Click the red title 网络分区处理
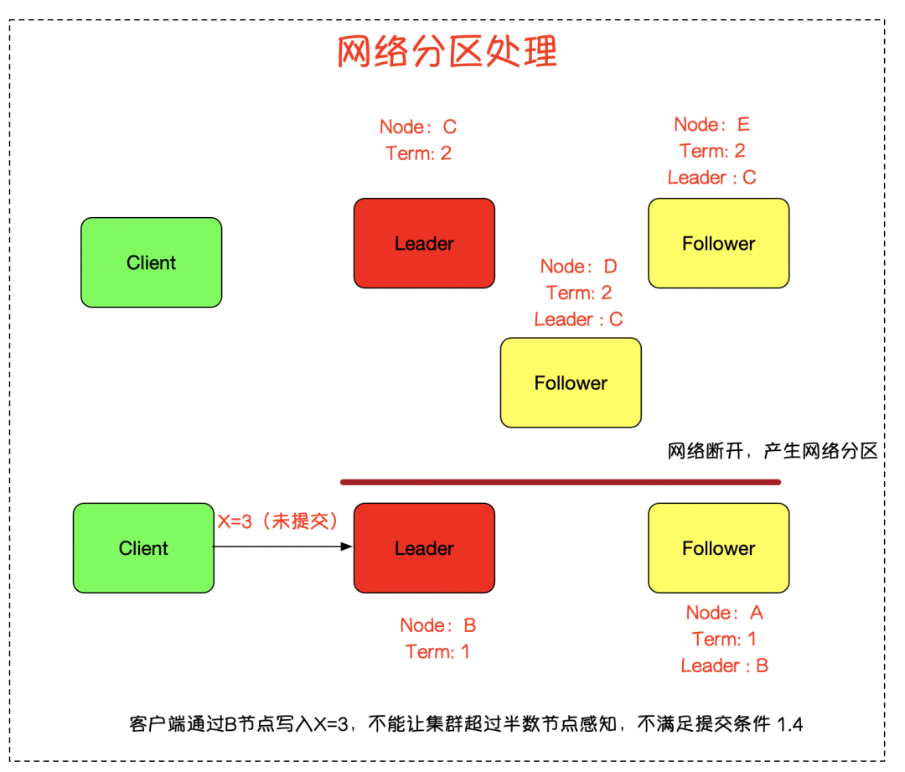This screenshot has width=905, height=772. [x=447, y=51]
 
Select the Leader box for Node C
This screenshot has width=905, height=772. [x=424, y=243]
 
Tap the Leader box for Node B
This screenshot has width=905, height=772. [x=424, y=548]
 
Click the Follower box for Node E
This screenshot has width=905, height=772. [x=719, y=243]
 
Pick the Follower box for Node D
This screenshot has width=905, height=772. [x=571, y=383]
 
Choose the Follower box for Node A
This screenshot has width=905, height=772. [x=719, y=548]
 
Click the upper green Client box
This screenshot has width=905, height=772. [x=151, y=262]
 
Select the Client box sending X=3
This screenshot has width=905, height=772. [x=144, y=548]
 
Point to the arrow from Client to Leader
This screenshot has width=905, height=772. [x=283, y=547]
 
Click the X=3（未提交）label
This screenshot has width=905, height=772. [x=278, y=521]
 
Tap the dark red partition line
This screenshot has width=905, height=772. [x=561, y=482]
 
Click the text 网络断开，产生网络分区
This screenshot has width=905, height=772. [x=773, y=450]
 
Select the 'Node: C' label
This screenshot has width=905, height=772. [x=418, y=127]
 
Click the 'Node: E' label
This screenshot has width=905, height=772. [x=712, y=124]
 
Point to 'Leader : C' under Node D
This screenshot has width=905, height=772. [x=578, y=319]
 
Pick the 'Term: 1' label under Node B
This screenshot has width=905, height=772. [x=437, y=652]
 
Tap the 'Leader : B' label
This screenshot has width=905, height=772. [x=724, y=666]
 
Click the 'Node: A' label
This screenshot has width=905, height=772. [x=724, y=613]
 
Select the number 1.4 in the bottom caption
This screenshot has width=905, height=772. [x=789, y=724]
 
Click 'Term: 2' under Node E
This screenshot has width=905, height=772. [x=712, y=151]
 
